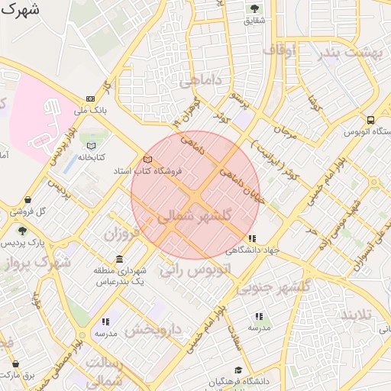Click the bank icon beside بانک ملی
pos(91,99)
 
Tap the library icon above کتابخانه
pos(92,145)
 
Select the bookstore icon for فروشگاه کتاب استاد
pos(147,159)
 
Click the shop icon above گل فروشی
pos(28,199)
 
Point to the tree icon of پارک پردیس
pos(22,231)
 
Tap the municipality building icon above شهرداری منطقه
pos(119,259)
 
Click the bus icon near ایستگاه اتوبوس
pos(370,120)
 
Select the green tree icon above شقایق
pos(254,8)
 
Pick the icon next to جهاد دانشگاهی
pos(253,238)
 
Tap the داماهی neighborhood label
pos(202,79)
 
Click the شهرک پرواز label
pos(36,263)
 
